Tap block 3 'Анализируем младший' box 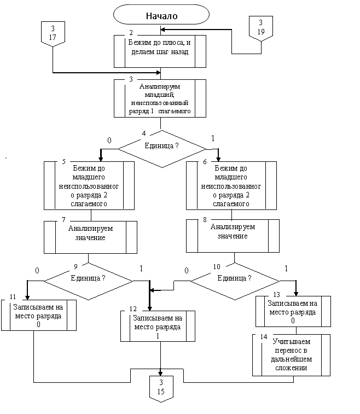(x=160, y=98)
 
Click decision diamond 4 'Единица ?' (x=161, y=147)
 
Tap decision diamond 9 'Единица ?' (x=89, y=278)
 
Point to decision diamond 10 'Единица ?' (x=235, y=278)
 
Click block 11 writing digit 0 (x=38, y=315)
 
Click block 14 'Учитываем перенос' (x=291, y=354)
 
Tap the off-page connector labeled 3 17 (x=53, y=33)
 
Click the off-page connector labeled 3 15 (x=161, y=388)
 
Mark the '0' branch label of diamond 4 (x=109, y=141)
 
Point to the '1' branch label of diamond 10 (x=286, y=269)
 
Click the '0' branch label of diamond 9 (x=37, y=270)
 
